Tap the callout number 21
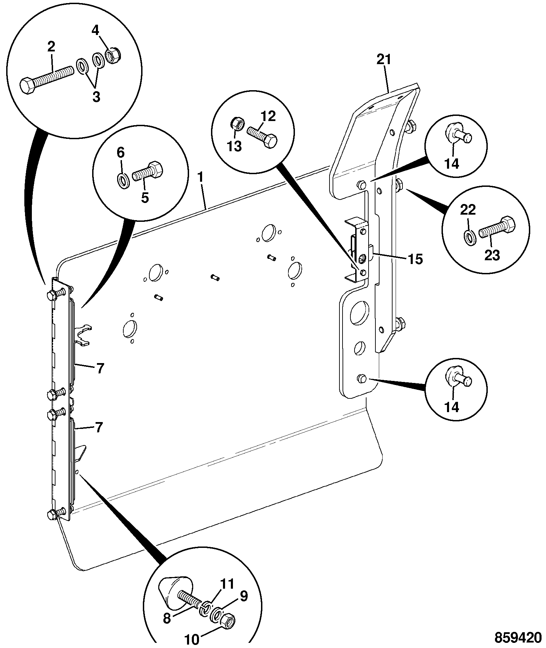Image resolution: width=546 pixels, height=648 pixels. tap(384, 60)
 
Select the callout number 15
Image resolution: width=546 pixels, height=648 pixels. tap(415, 259)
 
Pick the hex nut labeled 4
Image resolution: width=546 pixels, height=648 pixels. tap(113, 56)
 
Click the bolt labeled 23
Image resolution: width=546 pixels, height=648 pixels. tap(497, 228)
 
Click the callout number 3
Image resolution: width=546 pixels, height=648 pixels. tap(96, 97)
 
